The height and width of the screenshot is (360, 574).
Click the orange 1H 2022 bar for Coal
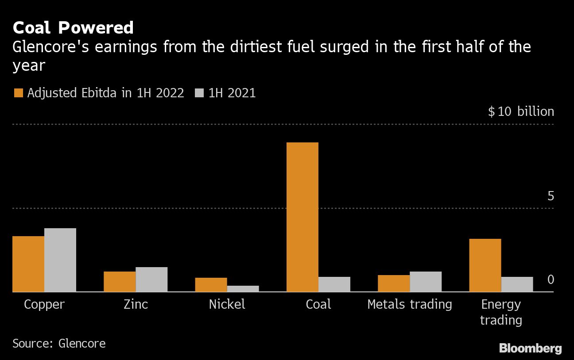click(x=302, y=217)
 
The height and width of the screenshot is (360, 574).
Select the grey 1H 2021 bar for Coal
click(x=334, y=284)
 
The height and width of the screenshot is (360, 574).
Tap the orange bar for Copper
click(x=28, y=264)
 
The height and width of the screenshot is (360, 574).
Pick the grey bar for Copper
click(x=60, y=260)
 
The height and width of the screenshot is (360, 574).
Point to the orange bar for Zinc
click(x=120, y=281)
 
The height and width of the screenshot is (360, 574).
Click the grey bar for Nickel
click(x=243, y=288)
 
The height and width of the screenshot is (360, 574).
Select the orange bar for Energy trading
click(x=485, y=265)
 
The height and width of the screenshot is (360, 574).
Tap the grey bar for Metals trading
click(x=425, y=281)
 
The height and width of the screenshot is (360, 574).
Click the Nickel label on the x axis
click(x=227, y=304)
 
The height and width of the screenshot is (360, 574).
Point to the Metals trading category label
click(x=410, y=304)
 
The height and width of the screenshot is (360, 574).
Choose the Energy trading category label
click(x=501, y=312)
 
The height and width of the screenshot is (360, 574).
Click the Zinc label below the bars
click(x=136, y=304)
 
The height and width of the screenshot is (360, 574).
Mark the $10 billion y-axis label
click(x=521, y=111)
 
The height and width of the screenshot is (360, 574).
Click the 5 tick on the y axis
click(x=551, y=196)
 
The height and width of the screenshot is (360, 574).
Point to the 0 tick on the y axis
click(x=551, y=280)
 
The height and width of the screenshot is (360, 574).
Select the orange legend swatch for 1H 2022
click(x=19, y=93)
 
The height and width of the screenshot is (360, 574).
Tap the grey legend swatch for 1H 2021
click(x=199, y=93)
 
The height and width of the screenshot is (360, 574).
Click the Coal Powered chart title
click(x=73, y=28)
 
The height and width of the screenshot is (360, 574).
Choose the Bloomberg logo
click(x=530, y=348)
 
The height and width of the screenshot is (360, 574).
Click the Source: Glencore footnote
click(x=59, y=343)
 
